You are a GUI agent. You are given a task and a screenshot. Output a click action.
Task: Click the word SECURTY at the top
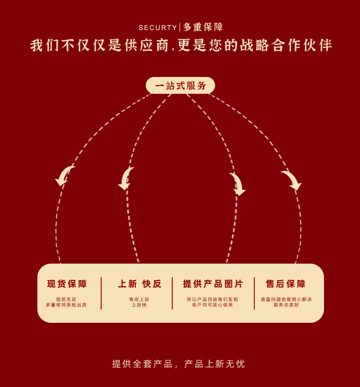point(158,28)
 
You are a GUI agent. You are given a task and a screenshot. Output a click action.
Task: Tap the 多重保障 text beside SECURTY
point(203,27)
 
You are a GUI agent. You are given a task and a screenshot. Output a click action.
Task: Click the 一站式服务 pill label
point(180,86)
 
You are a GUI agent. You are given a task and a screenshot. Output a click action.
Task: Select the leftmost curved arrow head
point(63,176)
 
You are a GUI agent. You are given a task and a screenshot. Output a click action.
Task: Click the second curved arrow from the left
point(126,178)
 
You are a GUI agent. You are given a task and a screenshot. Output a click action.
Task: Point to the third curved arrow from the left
point(237,183)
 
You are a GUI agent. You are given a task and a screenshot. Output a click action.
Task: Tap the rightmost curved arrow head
point(292,180)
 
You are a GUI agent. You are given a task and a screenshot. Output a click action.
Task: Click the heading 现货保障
point(67,284)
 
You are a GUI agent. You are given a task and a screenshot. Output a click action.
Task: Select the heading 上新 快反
point(140,284)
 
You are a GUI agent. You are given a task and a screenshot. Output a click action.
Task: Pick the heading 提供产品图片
point(213,284)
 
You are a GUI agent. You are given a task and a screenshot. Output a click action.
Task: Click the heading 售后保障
point(286,284)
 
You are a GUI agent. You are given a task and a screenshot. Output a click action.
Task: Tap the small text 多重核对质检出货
point(66,305)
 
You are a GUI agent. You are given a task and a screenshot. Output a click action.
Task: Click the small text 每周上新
point(139,300)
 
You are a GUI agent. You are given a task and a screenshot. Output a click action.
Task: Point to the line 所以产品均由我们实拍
point(212,300)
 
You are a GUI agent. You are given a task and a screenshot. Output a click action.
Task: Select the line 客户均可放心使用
point(212,305)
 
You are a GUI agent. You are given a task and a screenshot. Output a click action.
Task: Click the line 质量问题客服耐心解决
point(286,300)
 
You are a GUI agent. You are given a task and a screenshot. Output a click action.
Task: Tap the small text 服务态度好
point(286,305)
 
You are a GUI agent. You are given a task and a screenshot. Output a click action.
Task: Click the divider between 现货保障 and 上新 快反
point(101,293)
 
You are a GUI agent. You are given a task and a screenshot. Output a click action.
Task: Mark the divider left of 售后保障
point(254,293)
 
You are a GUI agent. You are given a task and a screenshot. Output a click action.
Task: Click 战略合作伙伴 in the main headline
point(287,46)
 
